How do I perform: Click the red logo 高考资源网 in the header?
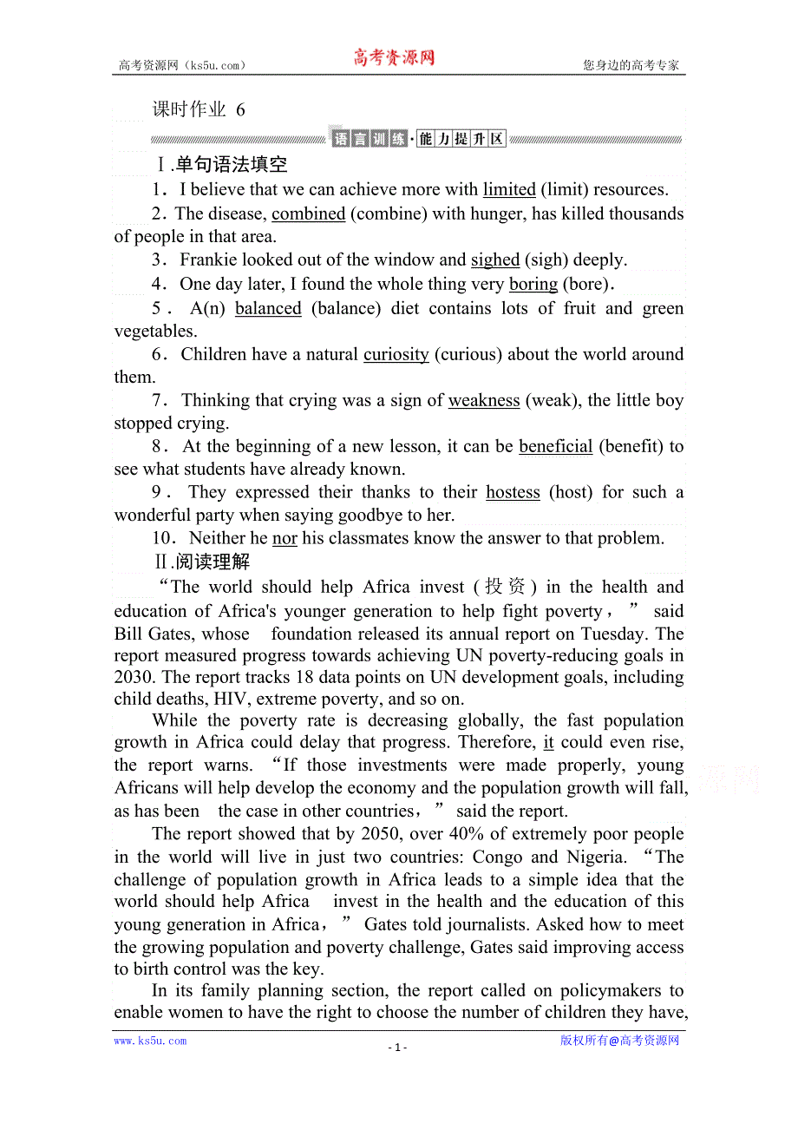pos(393,58)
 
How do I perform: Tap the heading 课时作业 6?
pos(199,109)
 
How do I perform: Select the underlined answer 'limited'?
pos(509,189)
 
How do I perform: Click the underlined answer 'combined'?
pos(309,214)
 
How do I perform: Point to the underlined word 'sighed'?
pos(495,260)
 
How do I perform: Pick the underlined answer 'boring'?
pos(533,284)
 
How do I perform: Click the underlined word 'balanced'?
pos(268,308)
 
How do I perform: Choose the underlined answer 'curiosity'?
pos(396,354)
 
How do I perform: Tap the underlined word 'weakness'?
pos(484,400)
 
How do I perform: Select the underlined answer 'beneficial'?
pos(556,446)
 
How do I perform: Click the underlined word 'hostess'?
pos(513,492)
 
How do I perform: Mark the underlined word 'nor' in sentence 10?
pos(285,538)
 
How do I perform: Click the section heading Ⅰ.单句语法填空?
pos(221,164)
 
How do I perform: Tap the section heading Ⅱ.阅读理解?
pos(201,562)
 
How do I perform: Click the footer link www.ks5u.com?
pos(150,1041)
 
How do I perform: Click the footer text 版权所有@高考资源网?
pos(619,1041)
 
